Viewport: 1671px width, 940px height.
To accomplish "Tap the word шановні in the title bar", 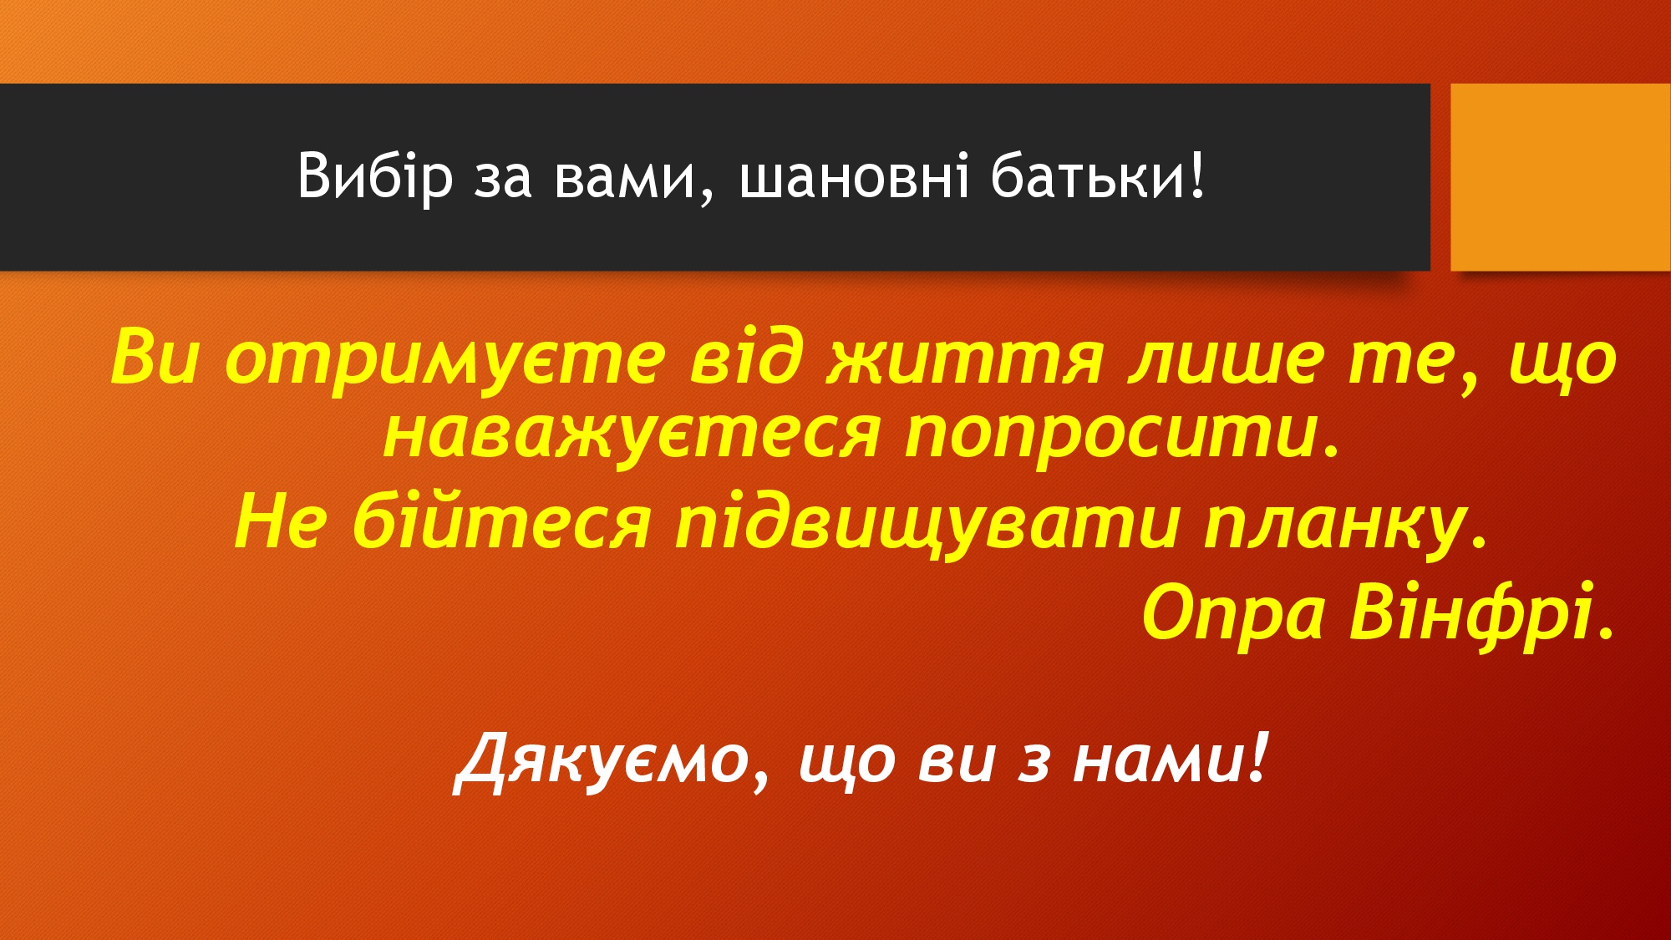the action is [855, 176].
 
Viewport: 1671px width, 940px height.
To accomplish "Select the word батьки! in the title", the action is [1098, 176].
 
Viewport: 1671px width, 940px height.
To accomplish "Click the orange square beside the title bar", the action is [1561, 177].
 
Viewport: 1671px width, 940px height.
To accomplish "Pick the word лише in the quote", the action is [1226, 358].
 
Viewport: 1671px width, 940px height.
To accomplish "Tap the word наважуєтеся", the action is [632, 435].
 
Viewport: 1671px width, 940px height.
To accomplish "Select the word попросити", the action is [1122, 435].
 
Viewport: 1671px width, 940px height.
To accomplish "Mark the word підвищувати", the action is [927, 522].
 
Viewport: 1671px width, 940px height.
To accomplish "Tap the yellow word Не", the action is [279, 521].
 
